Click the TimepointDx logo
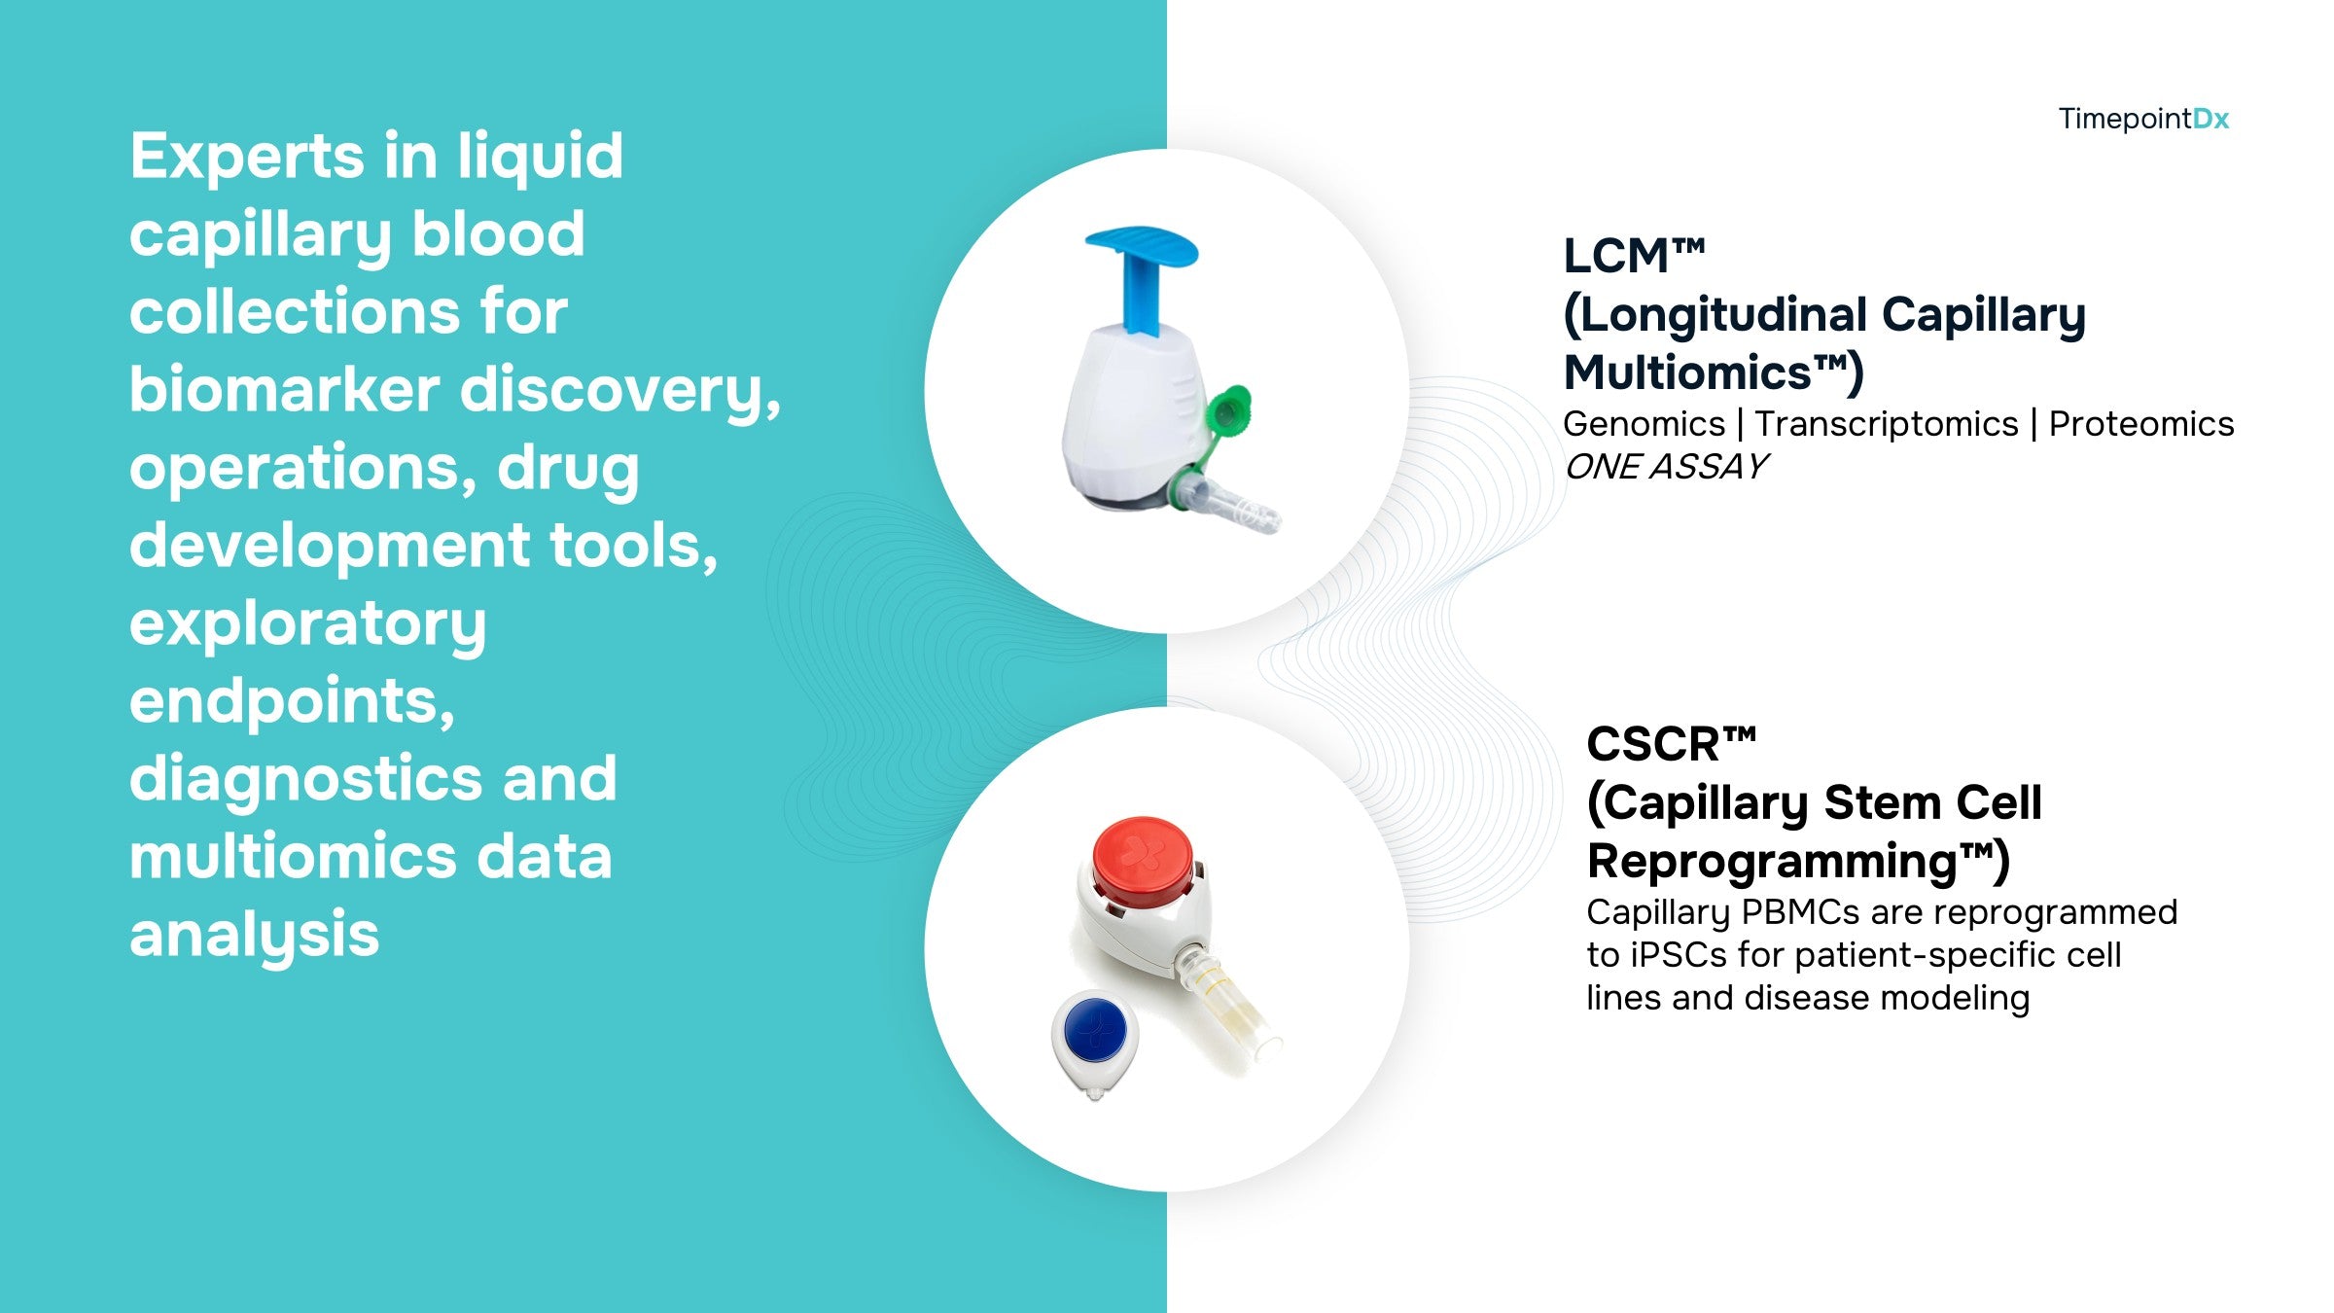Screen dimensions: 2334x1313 [x=2143, y=119]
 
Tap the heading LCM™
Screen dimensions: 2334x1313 [x=1634, y=256]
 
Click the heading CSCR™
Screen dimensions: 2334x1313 [x=1671, y=744]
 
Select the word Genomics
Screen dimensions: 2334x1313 [x=1644, y=424]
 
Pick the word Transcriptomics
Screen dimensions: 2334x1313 [x=1887, y=424]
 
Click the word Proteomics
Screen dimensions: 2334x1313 [x=2141, y=424]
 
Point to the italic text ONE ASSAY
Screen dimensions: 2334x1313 [x=1665, y=467]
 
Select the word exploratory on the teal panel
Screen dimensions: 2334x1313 [x=307, y=624]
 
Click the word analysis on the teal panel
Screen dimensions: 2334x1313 [x=254, y=936]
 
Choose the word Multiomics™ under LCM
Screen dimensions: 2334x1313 [x=1713, y=373]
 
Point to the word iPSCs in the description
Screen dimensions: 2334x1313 [x=1680, y=955]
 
